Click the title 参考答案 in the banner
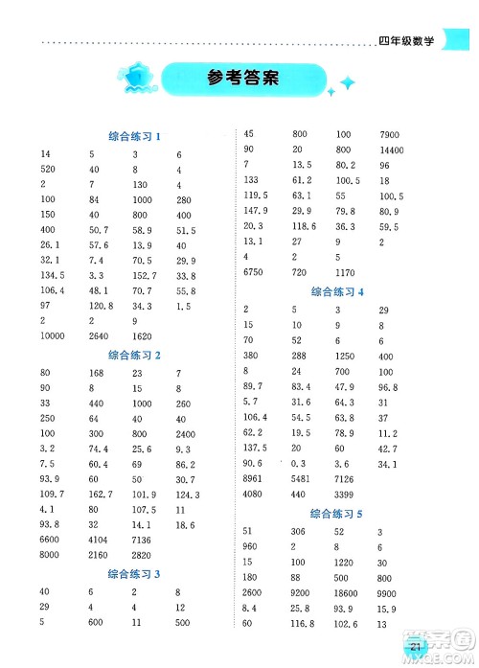(x=242, y=80)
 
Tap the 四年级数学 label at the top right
(x=406, y=41)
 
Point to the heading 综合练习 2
(x=133, y=355)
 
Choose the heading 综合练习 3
(x=133, y=573)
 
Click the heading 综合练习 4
(x=337, y=292)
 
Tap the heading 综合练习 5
(x=337, y=513)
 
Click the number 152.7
(x=146, y=276)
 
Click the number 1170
(x=344, y=272)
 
